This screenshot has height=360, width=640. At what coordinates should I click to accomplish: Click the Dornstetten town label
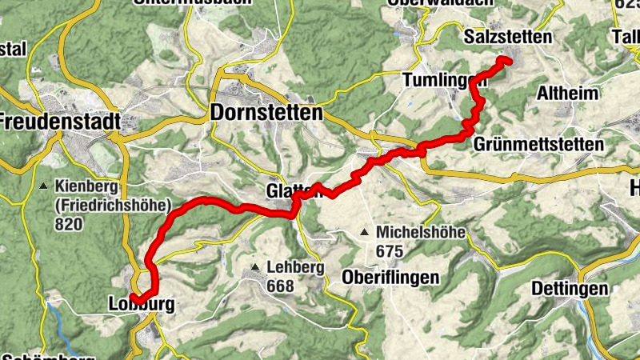[x=266, y=113]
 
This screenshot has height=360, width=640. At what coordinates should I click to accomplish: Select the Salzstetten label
[x=507, y=37]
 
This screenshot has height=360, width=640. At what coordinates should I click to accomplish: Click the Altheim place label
[x=568, y=94]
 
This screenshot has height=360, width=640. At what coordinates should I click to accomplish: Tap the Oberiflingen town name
[x=390, y=278]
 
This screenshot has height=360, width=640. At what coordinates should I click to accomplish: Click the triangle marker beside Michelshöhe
[x=365, y=233]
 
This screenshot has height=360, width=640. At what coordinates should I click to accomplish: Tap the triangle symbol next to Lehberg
[x=255, y=267]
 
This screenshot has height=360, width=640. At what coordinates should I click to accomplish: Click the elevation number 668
[x=281, y=286]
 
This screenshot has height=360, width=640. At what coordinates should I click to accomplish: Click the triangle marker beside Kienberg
[x=43, y=187]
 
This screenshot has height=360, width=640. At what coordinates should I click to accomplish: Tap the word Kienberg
[x=87, y=187]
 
